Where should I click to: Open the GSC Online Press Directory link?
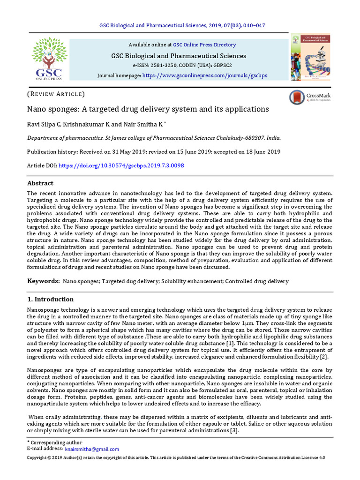click(x=204, y=45)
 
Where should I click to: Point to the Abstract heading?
click(x=40, y=183)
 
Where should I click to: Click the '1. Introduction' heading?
click(x=50, y=299)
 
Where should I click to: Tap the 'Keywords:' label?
click(x=43, y=281)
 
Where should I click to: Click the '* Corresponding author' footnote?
click(x=54, y=442)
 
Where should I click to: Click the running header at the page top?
click(x=180, y=25)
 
